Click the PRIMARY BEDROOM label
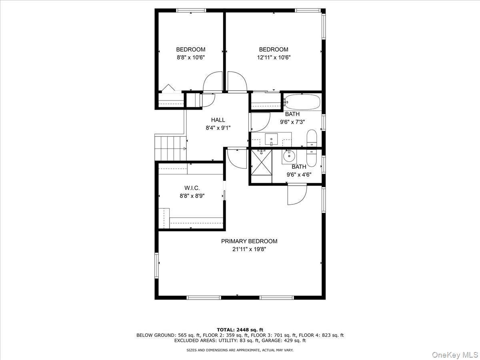point(249,241)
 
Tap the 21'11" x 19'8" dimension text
point(249,249)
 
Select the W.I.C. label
point(192,188)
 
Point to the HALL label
point(218,120)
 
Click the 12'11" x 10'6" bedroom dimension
point(274,57)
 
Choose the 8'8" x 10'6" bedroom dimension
point(191,57)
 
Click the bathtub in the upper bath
point(302,102)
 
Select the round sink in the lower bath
point(288,156)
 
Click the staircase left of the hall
point(170,148)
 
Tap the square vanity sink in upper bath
point(272,139)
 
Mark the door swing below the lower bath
point(296,195)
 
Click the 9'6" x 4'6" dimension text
point(299,174)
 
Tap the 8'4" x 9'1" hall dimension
point(218,128)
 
